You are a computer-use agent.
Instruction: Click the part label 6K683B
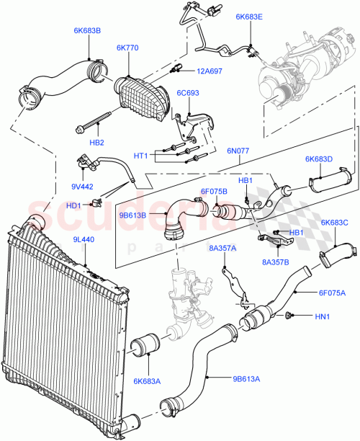[87, 31]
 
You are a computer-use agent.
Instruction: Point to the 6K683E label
[249, 16]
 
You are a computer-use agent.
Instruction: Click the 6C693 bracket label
[189, 93]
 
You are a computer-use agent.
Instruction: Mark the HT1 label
[141, 156]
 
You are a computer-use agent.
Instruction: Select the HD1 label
[73, 205]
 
